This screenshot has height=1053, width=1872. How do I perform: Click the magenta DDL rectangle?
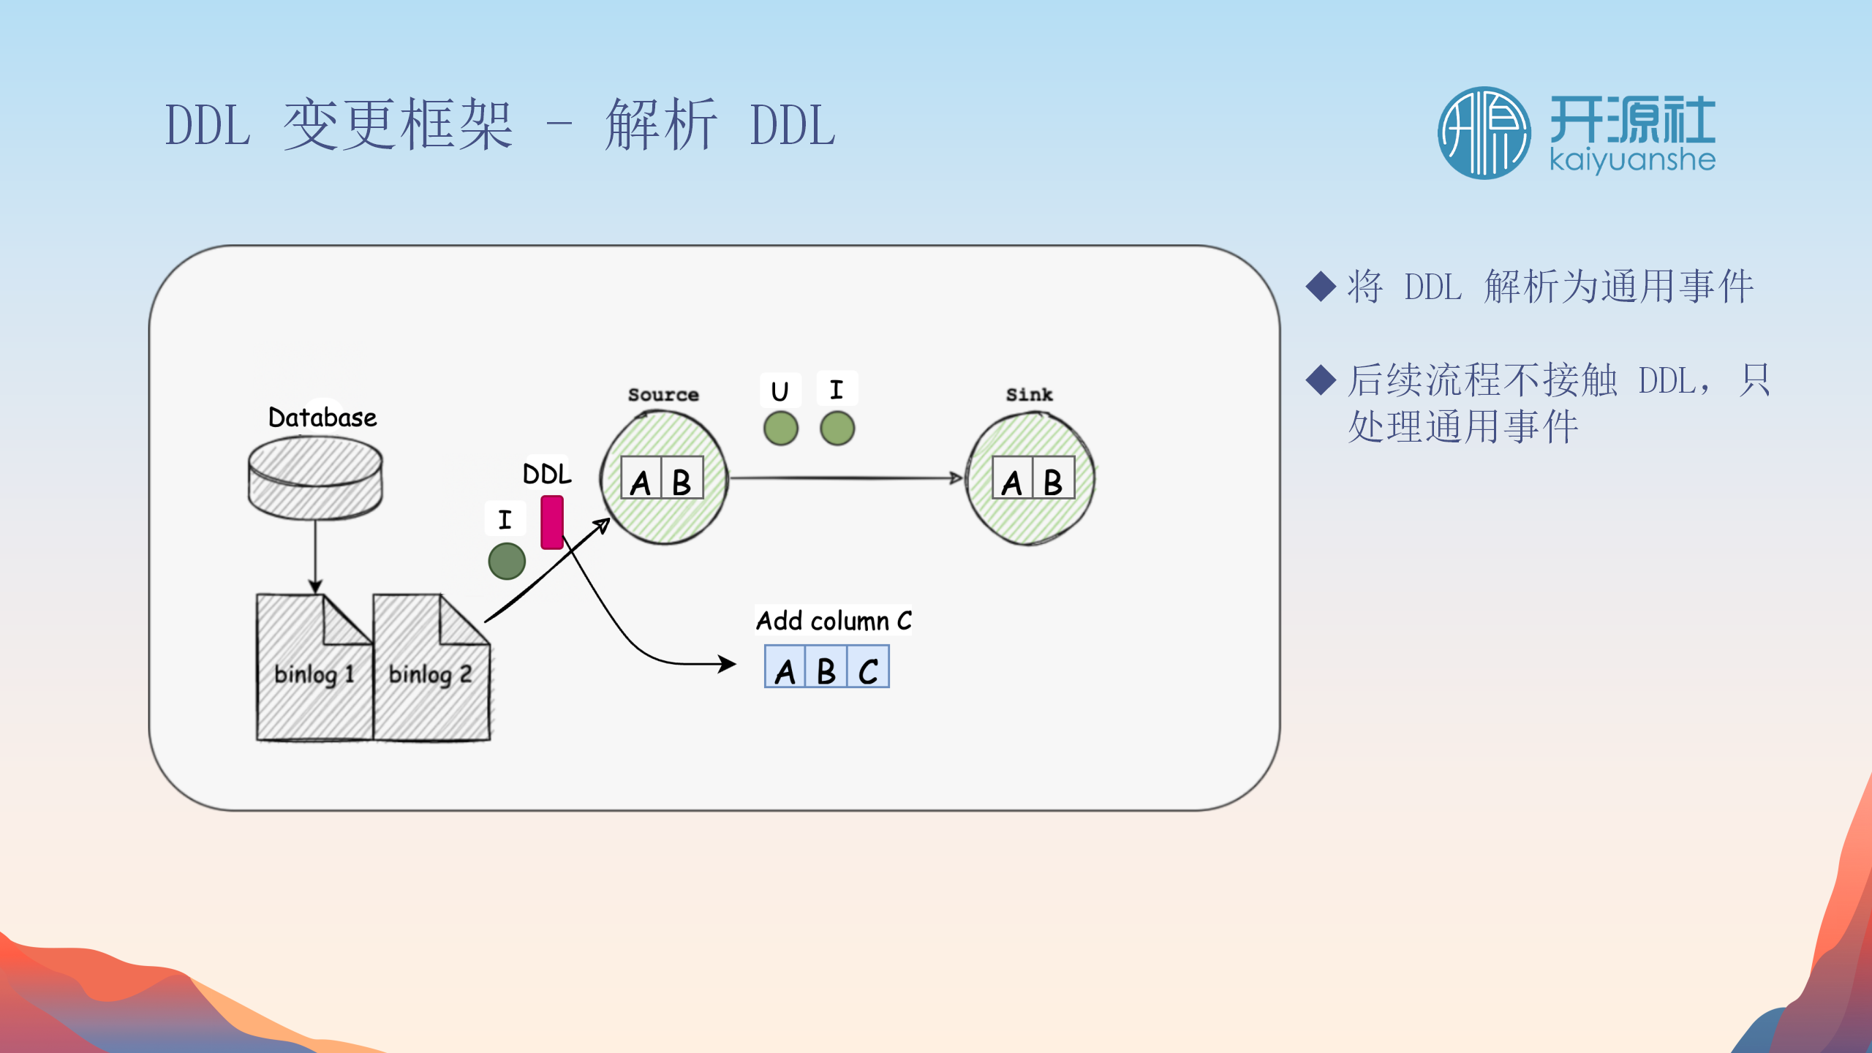click(552, 522)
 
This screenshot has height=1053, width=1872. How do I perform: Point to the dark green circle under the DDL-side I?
click(507, 561)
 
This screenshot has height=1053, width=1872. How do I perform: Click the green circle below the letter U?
click(780, 429)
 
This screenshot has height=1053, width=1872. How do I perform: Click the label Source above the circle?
click(663, 395)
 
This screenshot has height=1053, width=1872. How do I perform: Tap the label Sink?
click(1029, 395)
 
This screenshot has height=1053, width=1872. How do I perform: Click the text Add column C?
click(834, 621)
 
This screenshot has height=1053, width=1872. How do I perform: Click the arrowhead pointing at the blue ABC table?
click(728, 664)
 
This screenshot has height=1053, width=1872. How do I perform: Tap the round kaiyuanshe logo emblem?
click(1484, 133)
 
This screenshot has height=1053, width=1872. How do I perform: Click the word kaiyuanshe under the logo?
click(1632, 160)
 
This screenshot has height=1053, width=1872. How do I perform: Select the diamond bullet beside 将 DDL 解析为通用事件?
click(1321, 286)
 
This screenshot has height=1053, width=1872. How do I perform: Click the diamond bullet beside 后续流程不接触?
click(1321, 380)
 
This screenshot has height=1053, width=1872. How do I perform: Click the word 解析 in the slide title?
click(661, 126)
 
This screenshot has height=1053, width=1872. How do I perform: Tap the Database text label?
click(322, 418)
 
